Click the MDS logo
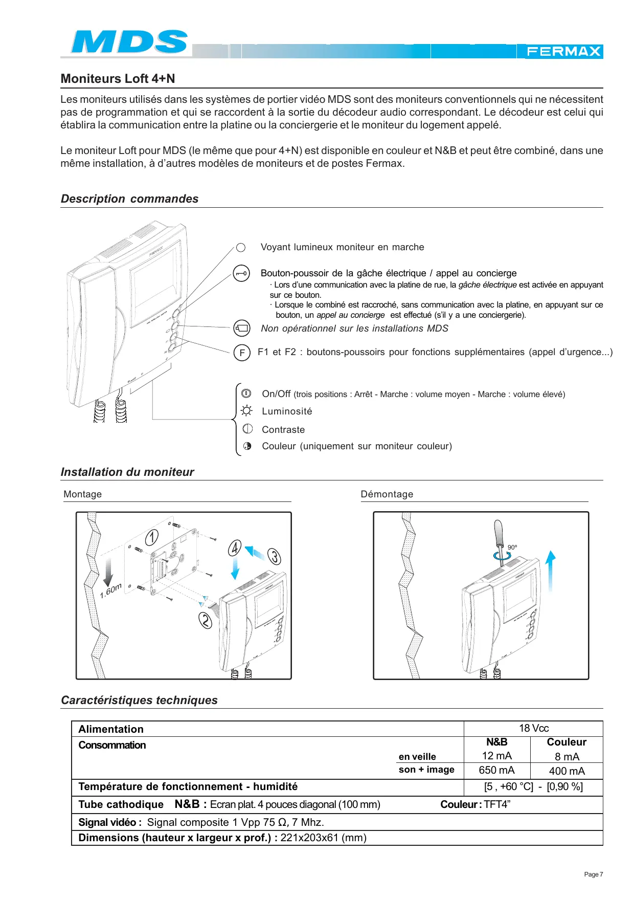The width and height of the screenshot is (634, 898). point(129,42)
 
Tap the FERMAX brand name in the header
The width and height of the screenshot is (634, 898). point(563,52)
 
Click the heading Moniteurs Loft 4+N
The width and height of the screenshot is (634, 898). point(118,79)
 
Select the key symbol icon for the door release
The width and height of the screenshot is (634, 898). point(241,273)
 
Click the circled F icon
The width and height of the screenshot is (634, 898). point(242,353)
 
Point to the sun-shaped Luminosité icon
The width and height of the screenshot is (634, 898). point(247,411)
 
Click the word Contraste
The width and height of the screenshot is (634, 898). point(283,430)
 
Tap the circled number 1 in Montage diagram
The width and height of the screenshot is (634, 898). point(152,537)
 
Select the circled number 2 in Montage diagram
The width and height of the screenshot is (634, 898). point(205,620)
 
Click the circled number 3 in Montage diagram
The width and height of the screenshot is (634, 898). point(275,556)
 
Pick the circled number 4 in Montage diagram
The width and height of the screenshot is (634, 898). point(234,549)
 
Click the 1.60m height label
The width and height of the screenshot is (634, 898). point(111,591)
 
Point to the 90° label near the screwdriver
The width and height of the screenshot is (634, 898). point(512,547)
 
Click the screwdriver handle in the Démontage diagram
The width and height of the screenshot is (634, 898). point(499,532)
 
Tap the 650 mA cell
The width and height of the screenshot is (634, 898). point(496,770)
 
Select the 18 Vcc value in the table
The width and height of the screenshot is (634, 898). point(534,728)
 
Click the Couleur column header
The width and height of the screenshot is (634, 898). point(567,742)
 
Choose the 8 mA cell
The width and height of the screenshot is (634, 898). point(567,757)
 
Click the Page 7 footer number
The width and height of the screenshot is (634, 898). point(593,874)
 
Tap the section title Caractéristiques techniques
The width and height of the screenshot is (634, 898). point(139,700)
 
